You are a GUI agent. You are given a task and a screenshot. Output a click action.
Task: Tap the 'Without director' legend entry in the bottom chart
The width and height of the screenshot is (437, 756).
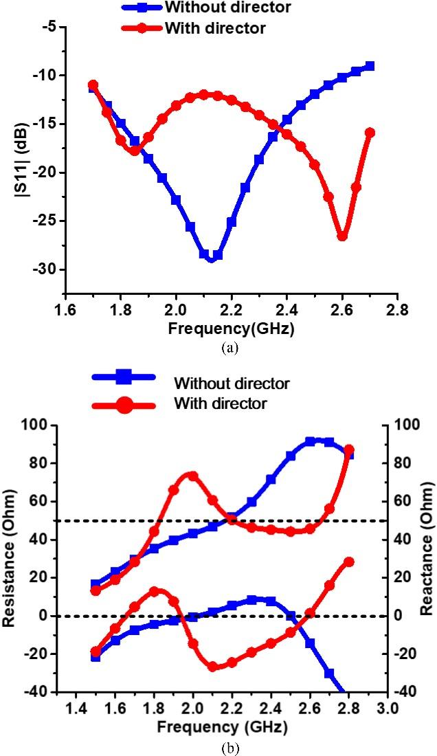[232, 382]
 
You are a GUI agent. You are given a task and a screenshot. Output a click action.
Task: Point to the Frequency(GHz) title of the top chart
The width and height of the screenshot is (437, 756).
[230, 329]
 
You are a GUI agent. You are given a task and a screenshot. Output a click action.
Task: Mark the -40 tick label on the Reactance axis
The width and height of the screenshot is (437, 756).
[405, 692]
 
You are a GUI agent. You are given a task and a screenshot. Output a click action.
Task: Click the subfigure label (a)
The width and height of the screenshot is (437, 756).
[230, 348]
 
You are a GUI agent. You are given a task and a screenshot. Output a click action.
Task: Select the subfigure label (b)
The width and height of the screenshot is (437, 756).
[230, 744]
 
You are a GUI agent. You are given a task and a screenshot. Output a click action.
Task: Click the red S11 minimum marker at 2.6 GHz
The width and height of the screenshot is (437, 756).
[342, 236]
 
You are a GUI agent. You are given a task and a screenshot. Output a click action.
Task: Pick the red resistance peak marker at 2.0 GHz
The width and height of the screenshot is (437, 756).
[192, 476]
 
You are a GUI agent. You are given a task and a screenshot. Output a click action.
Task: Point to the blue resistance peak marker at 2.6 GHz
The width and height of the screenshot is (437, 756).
[310, 441]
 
